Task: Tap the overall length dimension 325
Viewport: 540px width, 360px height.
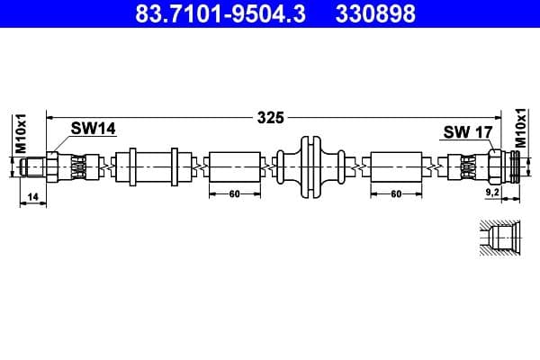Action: click(270, 117)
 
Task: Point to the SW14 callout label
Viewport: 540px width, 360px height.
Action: click(94, 130)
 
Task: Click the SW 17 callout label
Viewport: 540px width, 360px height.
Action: click(467, 132)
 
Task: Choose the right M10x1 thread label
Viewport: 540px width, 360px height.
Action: click(519, 128)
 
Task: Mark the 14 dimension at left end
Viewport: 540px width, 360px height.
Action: click(32, 196)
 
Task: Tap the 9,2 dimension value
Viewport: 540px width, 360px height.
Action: click(492, 192)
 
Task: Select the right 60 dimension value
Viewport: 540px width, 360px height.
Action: click(396, 194)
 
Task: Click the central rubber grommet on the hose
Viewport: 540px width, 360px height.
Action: click(312, 167)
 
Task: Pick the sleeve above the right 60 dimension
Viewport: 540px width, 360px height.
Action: click(396, 167)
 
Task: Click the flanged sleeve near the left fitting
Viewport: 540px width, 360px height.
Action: click(153, 167)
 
